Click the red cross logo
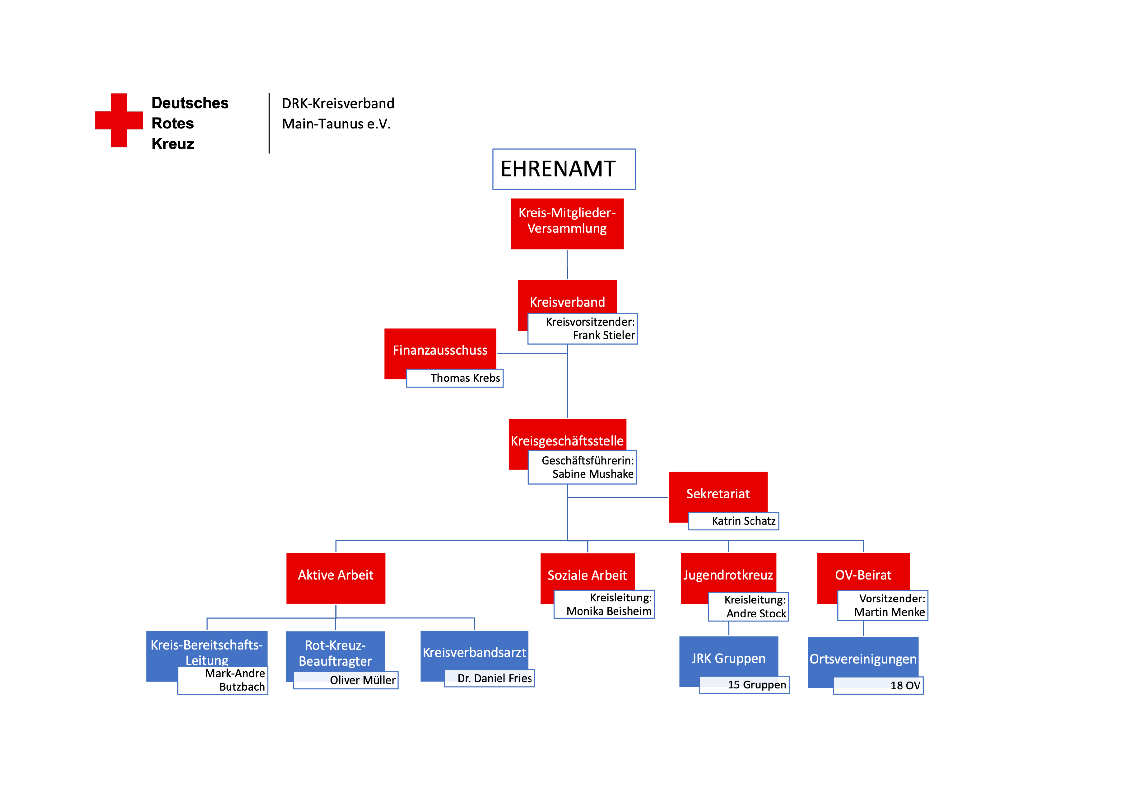coord(119,120)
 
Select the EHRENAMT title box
coord(564,169)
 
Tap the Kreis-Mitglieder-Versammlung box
coord(567,224)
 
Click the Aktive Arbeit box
coord(336,578)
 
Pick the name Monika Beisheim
coord(609,611)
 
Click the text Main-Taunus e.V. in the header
coord(336,124)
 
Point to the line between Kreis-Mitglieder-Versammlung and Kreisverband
coord(567,265)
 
